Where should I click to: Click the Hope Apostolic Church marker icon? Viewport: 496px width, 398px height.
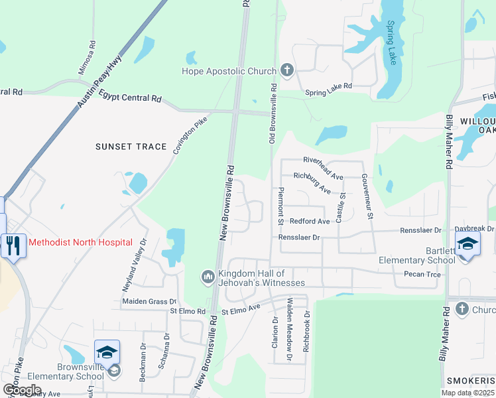point(286,70)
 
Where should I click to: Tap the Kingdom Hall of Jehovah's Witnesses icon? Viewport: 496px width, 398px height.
point(208,276)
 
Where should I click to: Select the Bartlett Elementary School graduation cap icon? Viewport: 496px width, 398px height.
point(467,243)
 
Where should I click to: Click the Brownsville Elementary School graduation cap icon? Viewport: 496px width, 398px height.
point(106,352)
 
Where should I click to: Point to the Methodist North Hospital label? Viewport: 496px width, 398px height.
point(80,243)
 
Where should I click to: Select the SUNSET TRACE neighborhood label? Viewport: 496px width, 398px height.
point(131,147)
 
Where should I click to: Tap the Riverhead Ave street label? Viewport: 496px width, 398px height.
point(323,160)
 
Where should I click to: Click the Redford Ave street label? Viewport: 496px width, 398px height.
point(310,221)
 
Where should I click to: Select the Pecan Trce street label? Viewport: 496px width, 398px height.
point(422,273)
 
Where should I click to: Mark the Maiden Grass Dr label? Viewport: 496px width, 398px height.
point(149,301)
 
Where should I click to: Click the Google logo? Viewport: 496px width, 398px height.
point(22,389)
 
